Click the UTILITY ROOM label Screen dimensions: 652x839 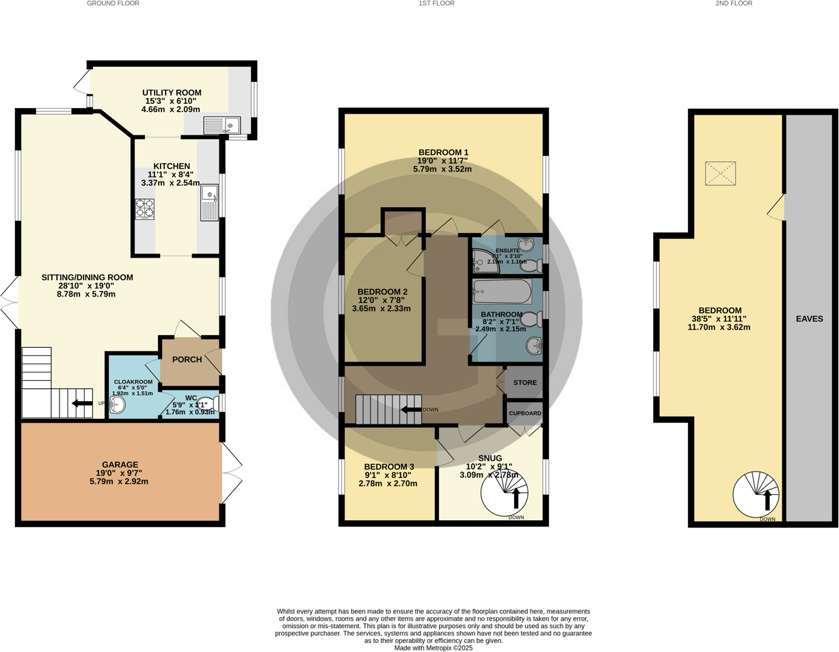[172, 92]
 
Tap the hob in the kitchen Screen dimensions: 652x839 [145, 208]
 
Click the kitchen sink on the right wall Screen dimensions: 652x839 [209, 202]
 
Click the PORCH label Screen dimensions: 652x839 [186, 359]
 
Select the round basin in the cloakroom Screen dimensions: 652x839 [118, 407]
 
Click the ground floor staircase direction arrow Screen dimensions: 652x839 [83, 403]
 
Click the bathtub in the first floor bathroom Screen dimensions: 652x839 [502, 291]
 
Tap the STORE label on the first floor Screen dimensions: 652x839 [524, 383]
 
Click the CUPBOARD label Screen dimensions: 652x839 [524, 413]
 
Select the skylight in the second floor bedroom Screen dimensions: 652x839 [720, 173]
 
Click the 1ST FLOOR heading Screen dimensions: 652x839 [436, 3]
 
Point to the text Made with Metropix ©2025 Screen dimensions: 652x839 [434, 647]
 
